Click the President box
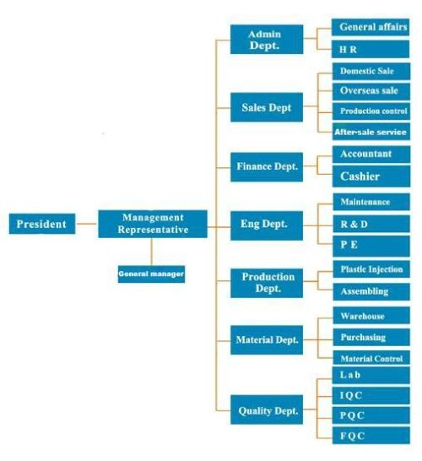[42, 224]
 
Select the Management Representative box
[153, 224]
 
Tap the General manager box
[151, 274]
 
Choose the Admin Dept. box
[267, 40]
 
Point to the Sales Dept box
[267, 107]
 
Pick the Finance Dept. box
[267, 167]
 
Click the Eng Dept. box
[267, 225]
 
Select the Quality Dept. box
[267, 409]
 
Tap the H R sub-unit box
[371, 49]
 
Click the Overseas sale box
[371, 91]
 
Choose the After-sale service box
[371, 132]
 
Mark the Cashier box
[371, 176]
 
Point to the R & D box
[371, 224]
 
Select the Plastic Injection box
[371, 269]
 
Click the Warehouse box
[371, 316]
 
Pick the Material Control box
[371, 358]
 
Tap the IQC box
[371, 395]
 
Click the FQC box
[371, 436]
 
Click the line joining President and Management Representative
[87, 224]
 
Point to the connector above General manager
[151, 252]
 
